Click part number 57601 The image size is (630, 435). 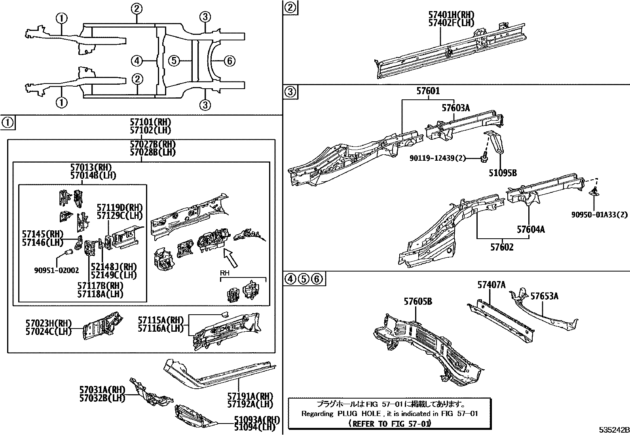point(427,91)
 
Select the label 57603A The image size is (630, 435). point(455,108)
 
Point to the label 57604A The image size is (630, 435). point(530,230)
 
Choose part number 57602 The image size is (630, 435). point(502,247)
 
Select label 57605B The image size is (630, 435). point(417,302)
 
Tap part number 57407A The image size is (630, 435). point(491,285)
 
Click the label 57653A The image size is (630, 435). point(544,296)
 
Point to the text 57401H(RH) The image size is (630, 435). point(451,15)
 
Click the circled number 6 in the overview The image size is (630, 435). point(229,61)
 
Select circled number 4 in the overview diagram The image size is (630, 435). point(137,61)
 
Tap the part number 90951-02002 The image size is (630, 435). point(56,271)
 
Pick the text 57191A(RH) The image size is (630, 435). point(250,396)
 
